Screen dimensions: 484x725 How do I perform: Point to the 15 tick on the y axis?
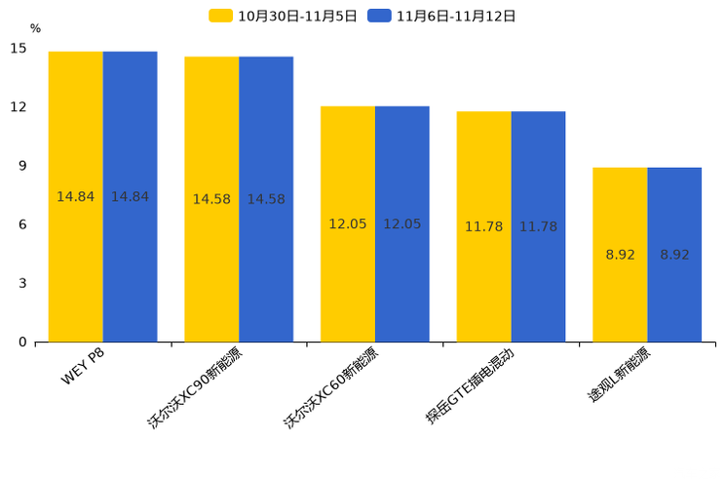19,48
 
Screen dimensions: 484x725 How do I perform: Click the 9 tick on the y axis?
22,166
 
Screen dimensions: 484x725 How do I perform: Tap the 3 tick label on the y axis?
22,283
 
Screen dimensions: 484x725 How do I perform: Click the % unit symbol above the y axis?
35,28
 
